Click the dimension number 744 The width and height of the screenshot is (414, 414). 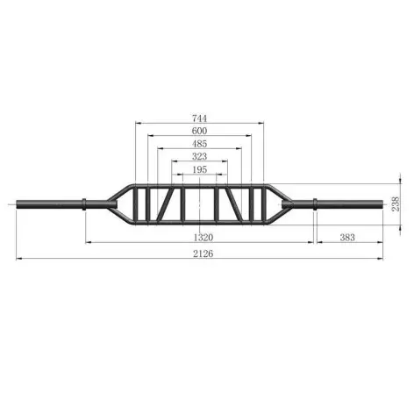click(200, 117)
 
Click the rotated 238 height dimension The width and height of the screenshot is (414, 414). click(396, 203)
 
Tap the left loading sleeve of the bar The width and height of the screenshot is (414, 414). click(48, 204)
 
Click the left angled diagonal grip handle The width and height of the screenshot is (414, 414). click(166, 205)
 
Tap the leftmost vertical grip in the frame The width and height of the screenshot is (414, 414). click(136, 204)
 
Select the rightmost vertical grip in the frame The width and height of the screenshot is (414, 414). click(262, 204)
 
